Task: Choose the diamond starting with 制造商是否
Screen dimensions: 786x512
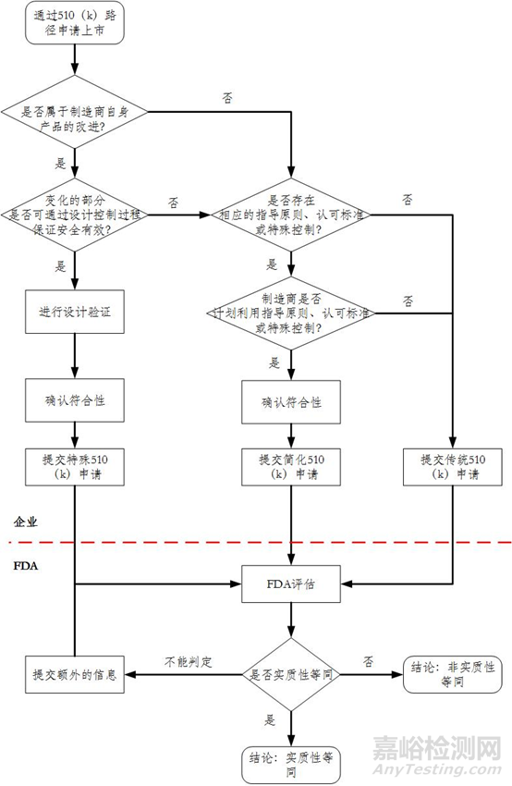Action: (x=290, y=314)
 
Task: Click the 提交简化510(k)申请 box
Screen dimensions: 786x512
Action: (x=290, y=466)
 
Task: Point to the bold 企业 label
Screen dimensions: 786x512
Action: (x=26, y=522)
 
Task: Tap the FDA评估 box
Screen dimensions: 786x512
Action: (x=290, y=585)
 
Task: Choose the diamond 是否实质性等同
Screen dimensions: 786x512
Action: (x=290, y=674)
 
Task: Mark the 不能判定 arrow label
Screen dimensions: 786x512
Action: (x=189, y=662)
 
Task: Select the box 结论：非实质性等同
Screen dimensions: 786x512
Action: (x=450, y=674)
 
